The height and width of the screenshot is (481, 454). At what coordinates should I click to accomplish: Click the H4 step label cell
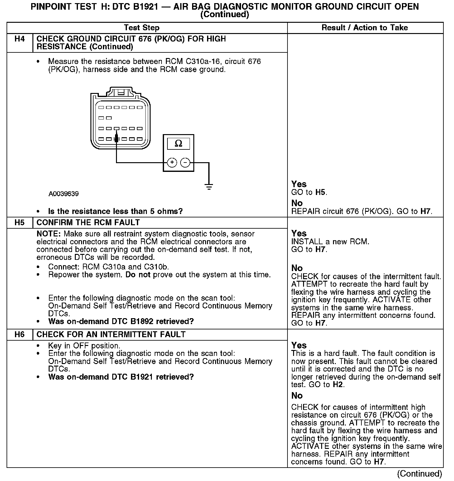point(19,39)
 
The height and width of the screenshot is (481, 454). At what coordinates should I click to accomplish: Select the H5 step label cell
point(19,223)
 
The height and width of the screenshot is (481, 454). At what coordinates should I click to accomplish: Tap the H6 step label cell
point(19,335)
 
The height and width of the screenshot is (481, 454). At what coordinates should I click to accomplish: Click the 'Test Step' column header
point(142,28)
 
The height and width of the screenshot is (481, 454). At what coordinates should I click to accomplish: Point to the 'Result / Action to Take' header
point(365,28)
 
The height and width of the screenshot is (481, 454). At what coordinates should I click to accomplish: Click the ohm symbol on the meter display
point(178,143)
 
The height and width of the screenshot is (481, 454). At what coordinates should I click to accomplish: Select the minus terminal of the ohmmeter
point(185,163)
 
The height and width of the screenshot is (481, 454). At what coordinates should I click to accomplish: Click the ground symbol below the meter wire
point(209,187)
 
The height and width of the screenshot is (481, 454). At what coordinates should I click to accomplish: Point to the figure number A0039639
point(64,194)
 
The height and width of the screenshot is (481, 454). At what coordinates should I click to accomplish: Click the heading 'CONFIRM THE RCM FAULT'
point(88,223)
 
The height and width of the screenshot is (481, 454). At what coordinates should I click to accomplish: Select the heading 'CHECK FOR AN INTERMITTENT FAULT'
point(111,335)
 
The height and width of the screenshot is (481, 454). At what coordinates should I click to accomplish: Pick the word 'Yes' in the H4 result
point(299,184)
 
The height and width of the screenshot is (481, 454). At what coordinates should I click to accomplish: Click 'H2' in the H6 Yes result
point(338,385)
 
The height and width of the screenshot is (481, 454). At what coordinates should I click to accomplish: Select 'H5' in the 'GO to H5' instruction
point(321,192)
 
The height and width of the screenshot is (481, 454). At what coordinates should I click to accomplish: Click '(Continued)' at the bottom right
point(419,474)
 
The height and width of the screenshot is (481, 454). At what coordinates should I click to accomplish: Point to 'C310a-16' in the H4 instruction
point(203,61)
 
